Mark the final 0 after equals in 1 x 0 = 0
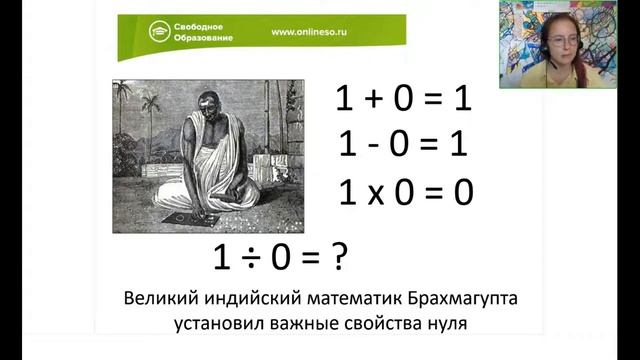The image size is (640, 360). pos(462,192)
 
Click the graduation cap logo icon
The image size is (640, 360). pos(157,32)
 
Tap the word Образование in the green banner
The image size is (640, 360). pos(207,39)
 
